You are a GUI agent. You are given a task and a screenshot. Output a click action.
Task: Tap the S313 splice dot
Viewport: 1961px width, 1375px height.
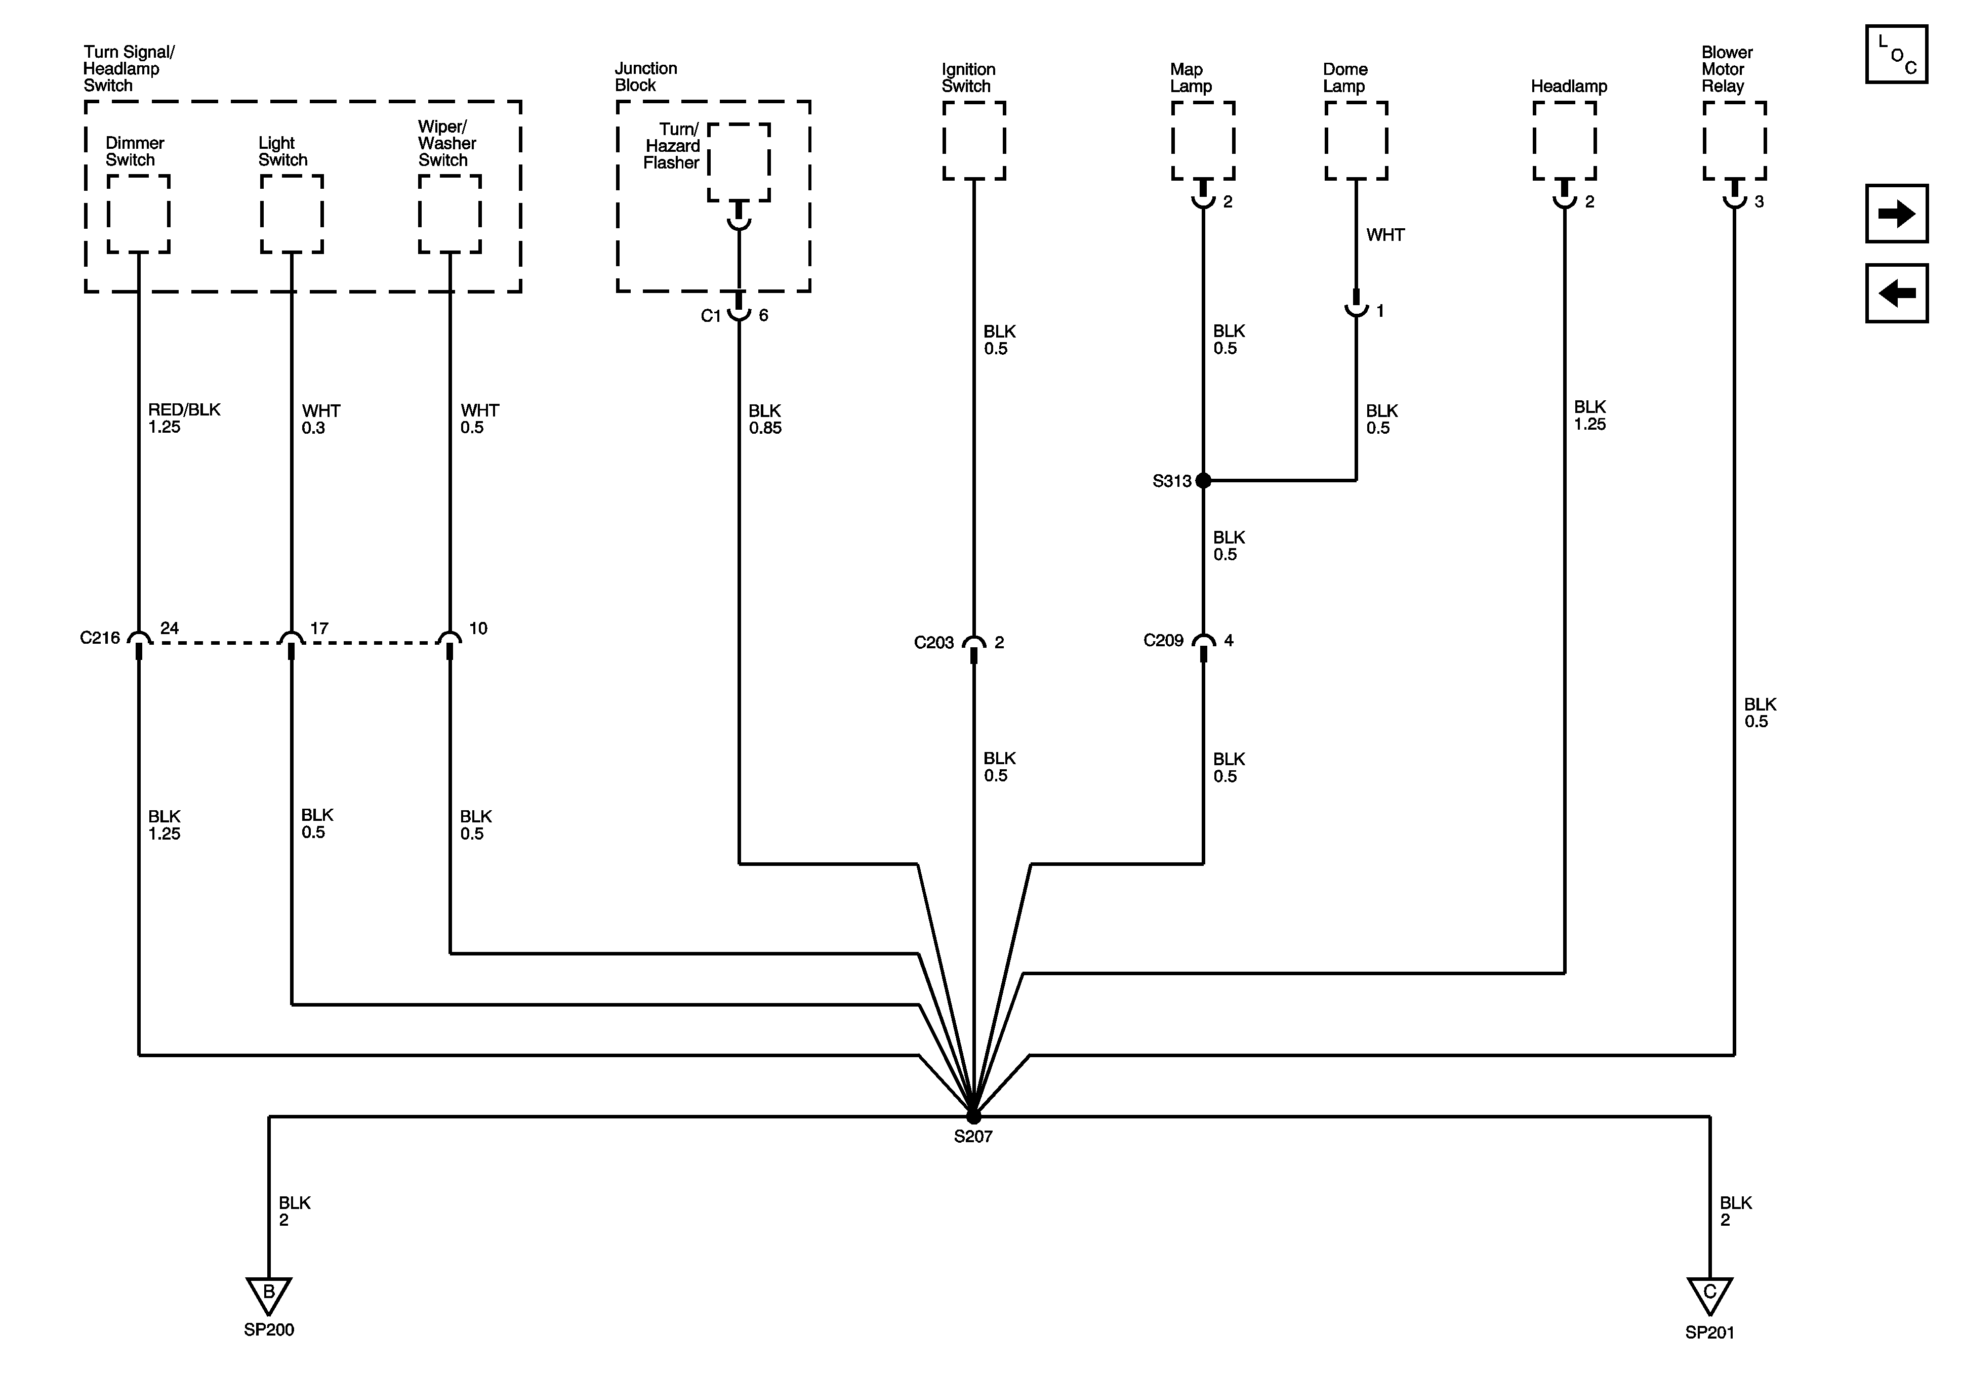click(x=1203, y=481)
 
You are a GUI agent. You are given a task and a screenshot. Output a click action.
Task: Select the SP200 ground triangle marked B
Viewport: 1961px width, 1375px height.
click(x=268, y=1295)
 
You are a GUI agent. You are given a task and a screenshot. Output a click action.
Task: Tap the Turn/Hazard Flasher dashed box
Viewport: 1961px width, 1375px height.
click(x=739, y=162)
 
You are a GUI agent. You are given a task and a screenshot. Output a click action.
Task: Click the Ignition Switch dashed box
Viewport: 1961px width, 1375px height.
click(x=974, y=141)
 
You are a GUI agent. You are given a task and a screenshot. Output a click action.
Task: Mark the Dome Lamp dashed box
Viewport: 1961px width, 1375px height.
click(x=1356, y=141)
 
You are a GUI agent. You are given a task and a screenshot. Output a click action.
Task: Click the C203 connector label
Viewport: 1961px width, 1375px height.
click(x=933, y=642)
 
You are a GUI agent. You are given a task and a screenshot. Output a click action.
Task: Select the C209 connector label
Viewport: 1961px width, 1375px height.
click(x=1163, y=641)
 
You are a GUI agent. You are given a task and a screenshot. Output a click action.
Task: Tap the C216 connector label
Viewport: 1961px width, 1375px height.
click(x=100, y=638)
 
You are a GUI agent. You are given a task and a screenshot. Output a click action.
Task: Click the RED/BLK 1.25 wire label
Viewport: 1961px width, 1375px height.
click(x=184, y=419)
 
